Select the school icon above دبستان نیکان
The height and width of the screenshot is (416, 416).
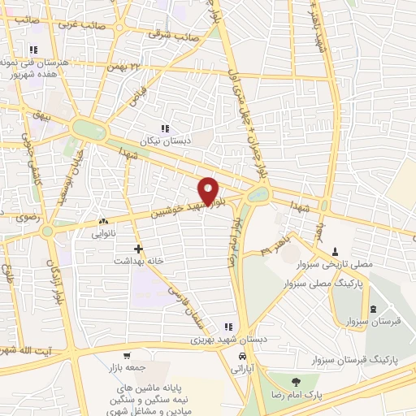[x=166, y=128]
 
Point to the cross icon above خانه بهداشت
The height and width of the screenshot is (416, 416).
[x=138, y=249]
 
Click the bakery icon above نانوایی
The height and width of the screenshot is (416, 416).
[x=103, y=221]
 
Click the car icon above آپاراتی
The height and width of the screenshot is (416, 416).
[x=242, y=356]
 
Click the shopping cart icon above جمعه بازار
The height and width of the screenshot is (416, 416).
[x=126, y=356]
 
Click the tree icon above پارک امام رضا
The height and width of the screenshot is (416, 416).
[x=295, y=381]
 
